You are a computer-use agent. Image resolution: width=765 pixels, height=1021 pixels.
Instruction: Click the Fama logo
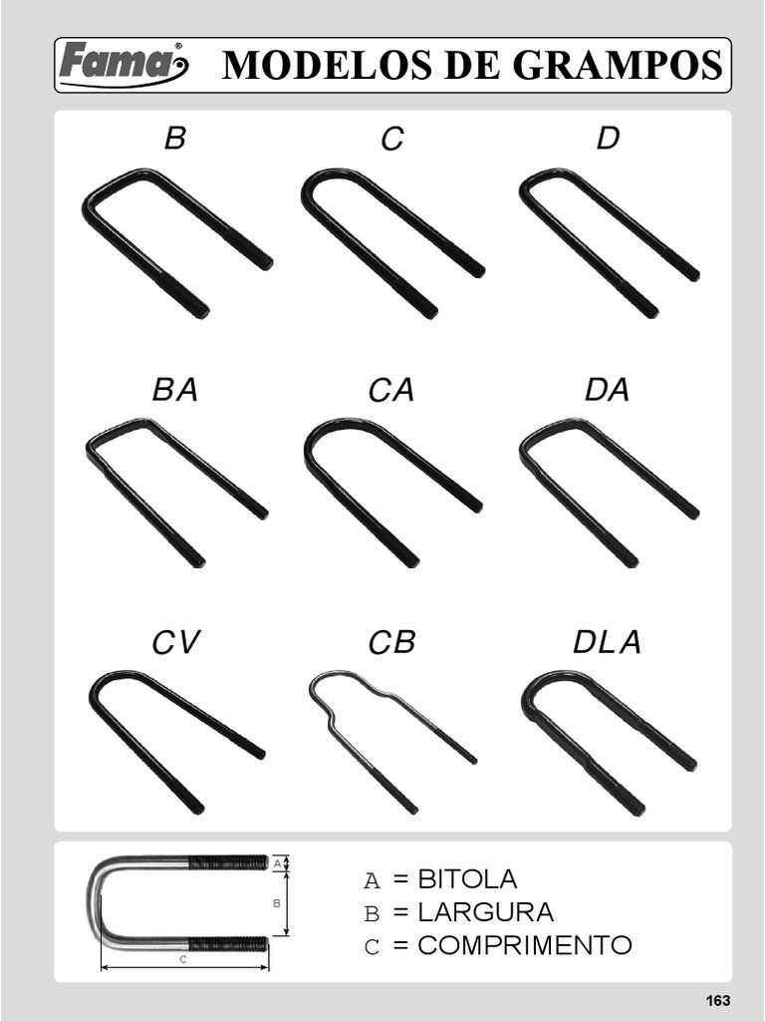[124, 64]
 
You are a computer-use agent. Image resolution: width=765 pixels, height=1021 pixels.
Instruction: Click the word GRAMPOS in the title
[618, 65]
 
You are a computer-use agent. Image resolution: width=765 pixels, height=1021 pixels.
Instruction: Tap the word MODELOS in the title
[327, 65]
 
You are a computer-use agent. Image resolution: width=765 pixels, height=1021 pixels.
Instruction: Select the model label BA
[175, 390]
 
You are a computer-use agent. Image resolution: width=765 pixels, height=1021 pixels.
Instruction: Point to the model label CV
[175, 642]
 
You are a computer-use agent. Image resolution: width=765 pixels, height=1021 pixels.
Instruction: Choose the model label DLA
[607, 642]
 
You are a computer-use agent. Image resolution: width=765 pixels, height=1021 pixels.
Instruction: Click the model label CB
[391, 643]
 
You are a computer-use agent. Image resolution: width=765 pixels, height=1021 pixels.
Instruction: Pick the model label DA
[607, 390]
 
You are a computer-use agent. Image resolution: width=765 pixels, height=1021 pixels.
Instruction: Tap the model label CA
[390, 390]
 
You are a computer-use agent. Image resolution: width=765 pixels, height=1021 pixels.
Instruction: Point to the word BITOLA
[467, 879]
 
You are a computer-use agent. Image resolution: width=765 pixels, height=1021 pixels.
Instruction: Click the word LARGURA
[485, 912]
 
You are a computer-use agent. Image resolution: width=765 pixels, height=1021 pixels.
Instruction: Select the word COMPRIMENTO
[524, 945]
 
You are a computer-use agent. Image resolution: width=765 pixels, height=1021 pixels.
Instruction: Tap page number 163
[717, 1000]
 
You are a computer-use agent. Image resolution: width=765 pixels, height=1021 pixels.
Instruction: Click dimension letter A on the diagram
[277, 863]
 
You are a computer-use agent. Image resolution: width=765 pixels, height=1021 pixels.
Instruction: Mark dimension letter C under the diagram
[183, 960]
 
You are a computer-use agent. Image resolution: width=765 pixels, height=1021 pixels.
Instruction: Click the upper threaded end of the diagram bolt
[228, 862]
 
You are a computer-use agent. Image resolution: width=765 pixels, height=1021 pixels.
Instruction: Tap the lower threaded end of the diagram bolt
[228, 943]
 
